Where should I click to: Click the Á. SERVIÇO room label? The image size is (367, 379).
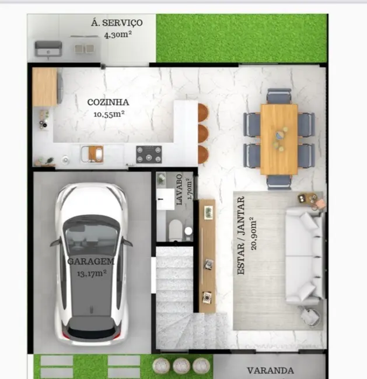[x=116, y=23]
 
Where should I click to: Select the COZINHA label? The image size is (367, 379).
[x=108, y=102]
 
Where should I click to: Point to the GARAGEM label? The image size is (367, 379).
[x=91, y=261]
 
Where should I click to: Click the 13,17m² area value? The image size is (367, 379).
[x=91, y=272]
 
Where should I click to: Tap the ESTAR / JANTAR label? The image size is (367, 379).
[x=241, y=236]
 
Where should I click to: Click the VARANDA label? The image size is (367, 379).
[x=270, y=370]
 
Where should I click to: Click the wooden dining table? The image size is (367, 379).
[x=279, y=139]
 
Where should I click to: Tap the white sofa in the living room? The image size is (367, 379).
[x=303, y=257]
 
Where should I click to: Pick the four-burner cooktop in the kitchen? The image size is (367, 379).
[x=149, y=155]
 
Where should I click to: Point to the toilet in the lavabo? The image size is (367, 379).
[x=175, y=230]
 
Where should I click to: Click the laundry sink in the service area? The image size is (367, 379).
[x=46, y=48]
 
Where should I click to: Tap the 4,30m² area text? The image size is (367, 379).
[x=117, y=34]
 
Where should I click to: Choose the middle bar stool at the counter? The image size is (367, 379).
[x=202, y=133]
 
